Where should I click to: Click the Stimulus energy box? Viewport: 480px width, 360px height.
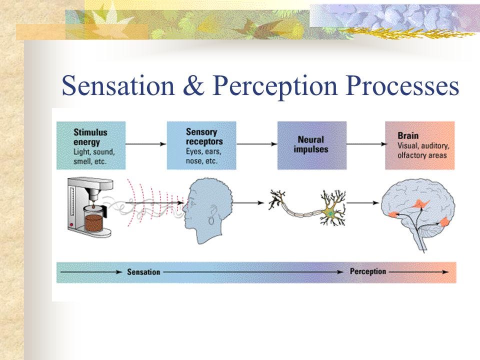(x=90, y=145)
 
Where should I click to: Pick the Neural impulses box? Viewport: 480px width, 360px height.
(x=311, y=145)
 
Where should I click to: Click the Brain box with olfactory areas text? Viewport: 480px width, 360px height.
(x=419, y=145)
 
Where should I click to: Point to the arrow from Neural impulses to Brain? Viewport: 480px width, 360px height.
(x=365, y=144)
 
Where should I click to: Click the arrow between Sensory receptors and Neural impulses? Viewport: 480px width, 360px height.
(x=256, y=144)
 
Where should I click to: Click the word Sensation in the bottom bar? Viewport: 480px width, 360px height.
(x=143, y=272)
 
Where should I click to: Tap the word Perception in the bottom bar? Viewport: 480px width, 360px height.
(x=368, y=271)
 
